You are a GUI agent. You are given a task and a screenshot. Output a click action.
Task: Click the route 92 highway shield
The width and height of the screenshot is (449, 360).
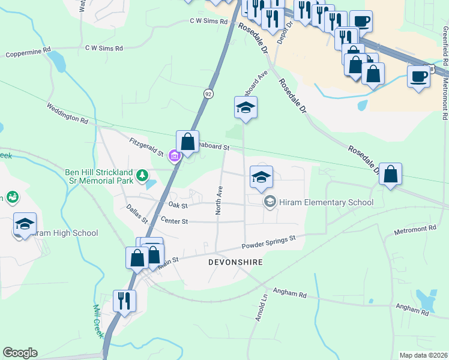click(x=208, y=94)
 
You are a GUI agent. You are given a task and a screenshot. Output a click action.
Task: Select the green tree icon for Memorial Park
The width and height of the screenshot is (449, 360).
click(x=142, y=176)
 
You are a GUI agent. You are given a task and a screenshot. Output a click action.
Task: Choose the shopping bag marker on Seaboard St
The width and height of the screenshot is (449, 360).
click(x=187, y=142)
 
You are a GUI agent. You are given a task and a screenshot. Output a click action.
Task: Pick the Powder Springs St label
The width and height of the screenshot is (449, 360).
click(x=269, y=243)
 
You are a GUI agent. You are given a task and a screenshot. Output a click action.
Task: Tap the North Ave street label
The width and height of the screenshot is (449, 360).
click(x=219, y=200)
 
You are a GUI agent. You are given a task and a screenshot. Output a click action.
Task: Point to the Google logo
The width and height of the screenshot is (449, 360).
click(x=20, y=353)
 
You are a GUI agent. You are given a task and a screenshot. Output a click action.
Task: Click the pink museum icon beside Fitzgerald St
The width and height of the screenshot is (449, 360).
click(x=175, y=157)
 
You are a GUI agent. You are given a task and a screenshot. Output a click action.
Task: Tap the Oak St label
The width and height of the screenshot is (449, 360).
click(x=178, y=205)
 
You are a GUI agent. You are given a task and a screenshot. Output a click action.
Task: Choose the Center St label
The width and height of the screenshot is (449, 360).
click(x=175, y=221)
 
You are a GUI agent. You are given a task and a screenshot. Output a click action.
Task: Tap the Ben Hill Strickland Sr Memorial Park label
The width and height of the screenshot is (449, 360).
click(x=99, y=176)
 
